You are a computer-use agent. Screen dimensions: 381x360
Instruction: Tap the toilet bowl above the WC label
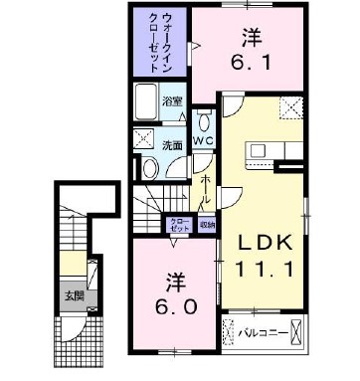(x=204, y=121)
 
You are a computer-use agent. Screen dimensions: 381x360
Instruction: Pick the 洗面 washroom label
(x=172, y=145)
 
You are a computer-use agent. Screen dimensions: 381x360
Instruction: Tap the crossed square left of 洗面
(x=142, y=140)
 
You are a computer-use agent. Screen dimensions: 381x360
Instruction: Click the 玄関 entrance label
(x=76, y=294)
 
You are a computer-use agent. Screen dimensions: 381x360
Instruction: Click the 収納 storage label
(x=206, y=225)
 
